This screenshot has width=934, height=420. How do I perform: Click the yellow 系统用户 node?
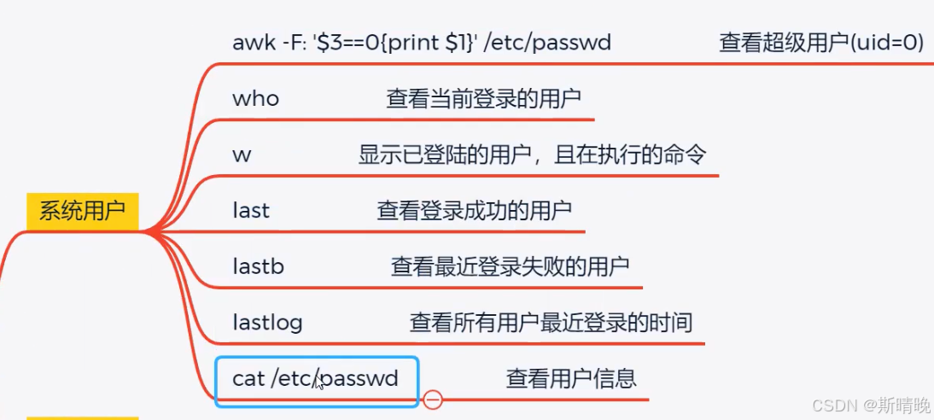pyautogui.click(x=82, y=212)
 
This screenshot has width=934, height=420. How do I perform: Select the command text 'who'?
pyautogui.click(x=255, y=99)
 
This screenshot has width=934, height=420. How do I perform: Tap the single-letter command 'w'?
pyautogui.click(x=242, y=155)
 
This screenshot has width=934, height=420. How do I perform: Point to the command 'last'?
pyautogui.click(x=251, y=210)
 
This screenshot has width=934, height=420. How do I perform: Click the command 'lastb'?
pyautogui.click(x=258, y=266)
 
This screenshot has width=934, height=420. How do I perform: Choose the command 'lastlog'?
pyautogui.click(x=267, y=323)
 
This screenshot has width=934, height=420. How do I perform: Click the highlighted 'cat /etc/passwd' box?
pyautogui.click(x=316, y=380)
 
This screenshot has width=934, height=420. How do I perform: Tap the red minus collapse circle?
pyautogui.click(x=433, y=399)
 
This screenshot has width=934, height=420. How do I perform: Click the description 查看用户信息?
pyautogui.click(x=571, y=378)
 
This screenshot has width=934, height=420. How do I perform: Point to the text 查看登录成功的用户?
pyautogui.click(x=474, y=210)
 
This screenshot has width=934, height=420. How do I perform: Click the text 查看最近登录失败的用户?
pyautogui.click(x=510, y=266)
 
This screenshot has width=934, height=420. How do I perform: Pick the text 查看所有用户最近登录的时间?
pyautogui.click(x=551, y=323)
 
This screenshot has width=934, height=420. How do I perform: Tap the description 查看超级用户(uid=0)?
pyautogui.click(x=821, y=43)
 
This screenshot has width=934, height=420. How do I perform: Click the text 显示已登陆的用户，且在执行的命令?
pyautogui.click(x=533, y=155)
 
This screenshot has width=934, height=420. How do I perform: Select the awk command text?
pyautogui.click(x=422, y=42)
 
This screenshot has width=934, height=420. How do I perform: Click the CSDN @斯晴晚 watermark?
pyautogui.click(x=870, y=404)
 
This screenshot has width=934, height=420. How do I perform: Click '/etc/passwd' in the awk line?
pyautogui.click(x=547, y=42)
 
